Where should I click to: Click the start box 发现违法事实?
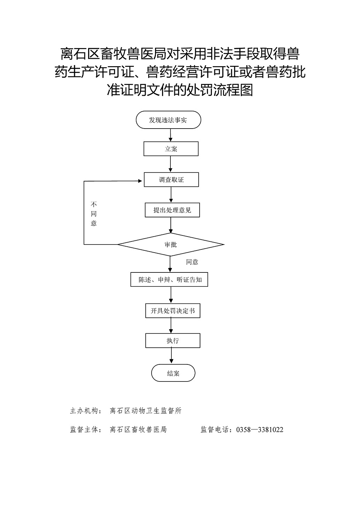[x=168, y=120]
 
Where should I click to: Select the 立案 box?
[x=171, y=149]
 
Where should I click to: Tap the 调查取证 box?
[x=171, y=179]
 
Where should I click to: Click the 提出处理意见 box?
[x=172, y=210]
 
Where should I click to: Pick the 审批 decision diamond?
[x=171, y=245]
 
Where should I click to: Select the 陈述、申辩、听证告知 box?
[x=169, y=279]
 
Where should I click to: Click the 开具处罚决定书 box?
[x=173, y=311]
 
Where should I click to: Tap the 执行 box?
[x=173, y=341]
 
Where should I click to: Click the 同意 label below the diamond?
[x=192, y=262]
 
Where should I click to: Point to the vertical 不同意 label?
[x=94, y=214]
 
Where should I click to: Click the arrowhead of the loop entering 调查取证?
[x=140, y=181]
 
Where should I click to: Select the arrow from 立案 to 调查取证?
[x=170, y=164]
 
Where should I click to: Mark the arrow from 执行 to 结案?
[x=171, y=356]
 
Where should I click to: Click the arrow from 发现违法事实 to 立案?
[x=170, y=135]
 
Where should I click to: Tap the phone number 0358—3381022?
[x=260, y=430]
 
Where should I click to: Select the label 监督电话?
[x=215, y=430]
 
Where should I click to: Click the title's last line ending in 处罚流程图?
[x=180, y=90]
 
